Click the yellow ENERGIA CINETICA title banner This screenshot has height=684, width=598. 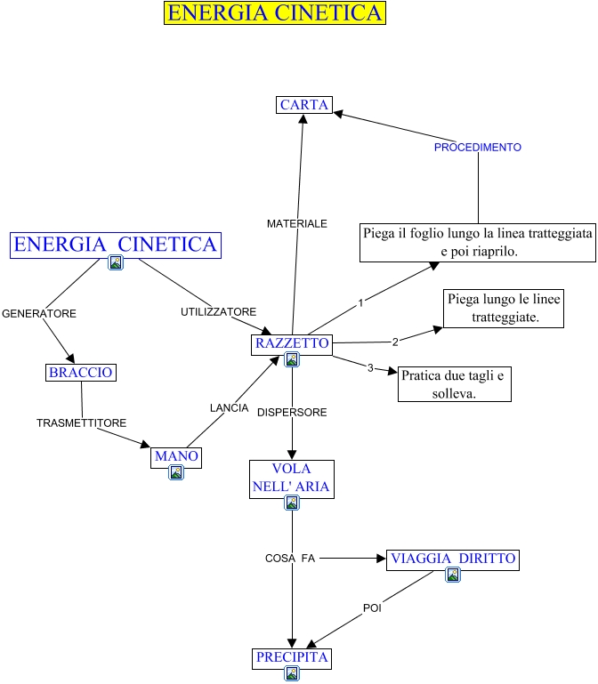[275, 13]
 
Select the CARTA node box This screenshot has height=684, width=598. [304, 105]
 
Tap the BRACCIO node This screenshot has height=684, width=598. [81, 373]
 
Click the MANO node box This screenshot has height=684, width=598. [176, 456]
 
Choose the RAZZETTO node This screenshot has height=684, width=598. [292, 343]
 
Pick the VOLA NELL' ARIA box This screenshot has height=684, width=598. [291, 477]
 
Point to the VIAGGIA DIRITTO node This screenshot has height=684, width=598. [452, 559]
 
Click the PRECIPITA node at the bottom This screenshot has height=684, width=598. [292, 658]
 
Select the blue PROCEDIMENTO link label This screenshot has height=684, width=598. [478, 148]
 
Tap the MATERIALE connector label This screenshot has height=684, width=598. [297, 224]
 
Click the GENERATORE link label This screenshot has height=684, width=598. [39, 314]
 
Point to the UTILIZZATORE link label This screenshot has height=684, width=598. [219, 312]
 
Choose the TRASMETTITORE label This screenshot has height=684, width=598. [82, 423]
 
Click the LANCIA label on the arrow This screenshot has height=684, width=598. [229, 407]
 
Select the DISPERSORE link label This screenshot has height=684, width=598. [292, 413]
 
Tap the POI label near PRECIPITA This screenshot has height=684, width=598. [372, 608]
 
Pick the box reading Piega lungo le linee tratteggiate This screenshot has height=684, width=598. [504, 308]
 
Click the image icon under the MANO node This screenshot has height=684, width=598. [176, 473]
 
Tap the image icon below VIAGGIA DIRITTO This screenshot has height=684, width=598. [453, 575]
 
